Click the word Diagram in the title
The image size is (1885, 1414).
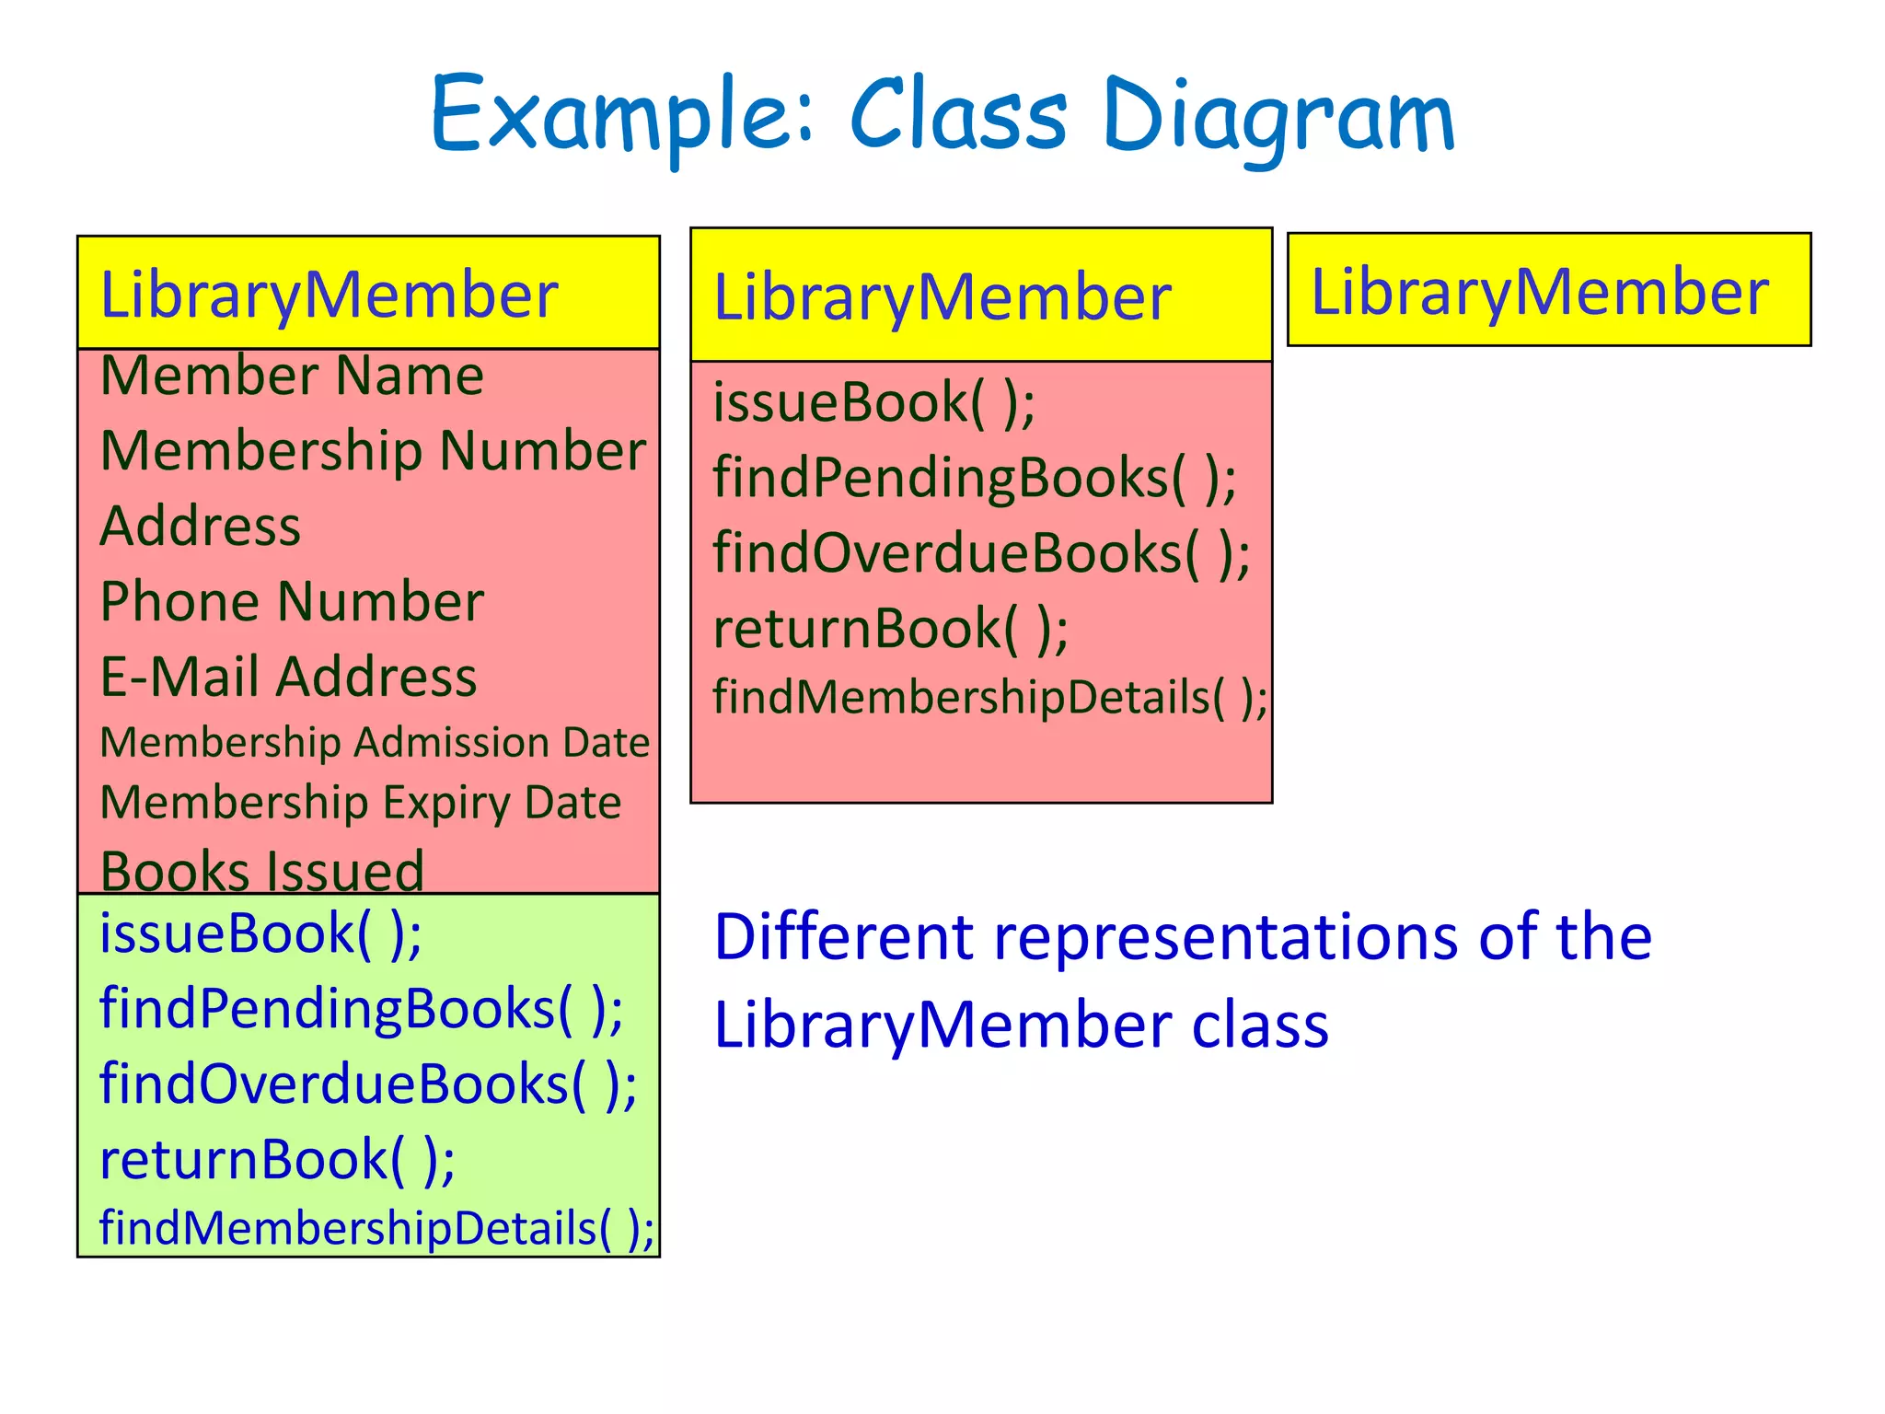point(1279,117)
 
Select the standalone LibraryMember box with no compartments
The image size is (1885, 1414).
point(1548,290)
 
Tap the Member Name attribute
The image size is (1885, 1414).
point(292,376)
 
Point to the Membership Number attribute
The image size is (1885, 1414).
point(373,451)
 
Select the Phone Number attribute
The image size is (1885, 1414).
point(292,602)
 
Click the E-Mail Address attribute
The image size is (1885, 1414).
point(288,677)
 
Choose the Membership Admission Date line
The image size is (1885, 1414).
point(375,743)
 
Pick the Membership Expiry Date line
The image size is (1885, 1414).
point(360,803)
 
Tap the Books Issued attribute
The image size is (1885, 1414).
point(262,870)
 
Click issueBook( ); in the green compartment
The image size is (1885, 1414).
point(260,933)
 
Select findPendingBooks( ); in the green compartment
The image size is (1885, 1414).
point(361,1008)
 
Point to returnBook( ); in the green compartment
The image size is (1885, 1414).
point(277,1159)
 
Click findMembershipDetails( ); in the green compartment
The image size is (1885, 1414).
point(376,1228)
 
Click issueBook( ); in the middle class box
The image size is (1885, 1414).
point(873,402)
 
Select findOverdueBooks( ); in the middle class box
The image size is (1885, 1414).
point(981,553)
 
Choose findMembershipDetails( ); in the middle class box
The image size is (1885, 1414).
point(989,697)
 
